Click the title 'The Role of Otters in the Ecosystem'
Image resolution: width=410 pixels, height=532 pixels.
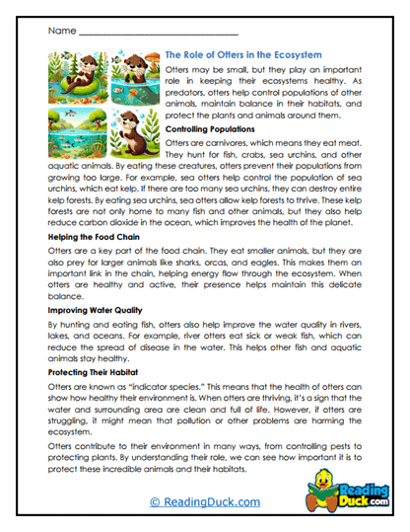(266, 57)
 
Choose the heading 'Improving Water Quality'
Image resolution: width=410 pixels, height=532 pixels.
(97, 310)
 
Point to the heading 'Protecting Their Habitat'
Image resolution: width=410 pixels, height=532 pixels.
(95, 374)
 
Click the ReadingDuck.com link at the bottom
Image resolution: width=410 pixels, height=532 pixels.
(204, 502)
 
